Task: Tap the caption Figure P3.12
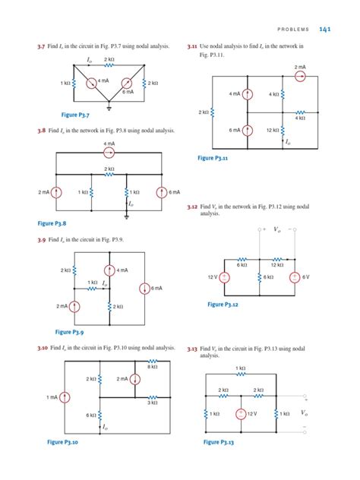tap(223, 305)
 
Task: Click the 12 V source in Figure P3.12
tap(225, 277)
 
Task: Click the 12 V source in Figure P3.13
tap(240, 415)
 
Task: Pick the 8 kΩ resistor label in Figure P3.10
tap(153, 366)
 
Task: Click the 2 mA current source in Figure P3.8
tap(59, 193)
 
